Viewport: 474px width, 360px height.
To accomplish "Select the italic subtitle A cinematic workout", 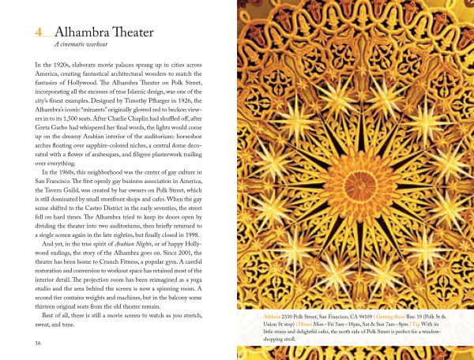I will (78, 47).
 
